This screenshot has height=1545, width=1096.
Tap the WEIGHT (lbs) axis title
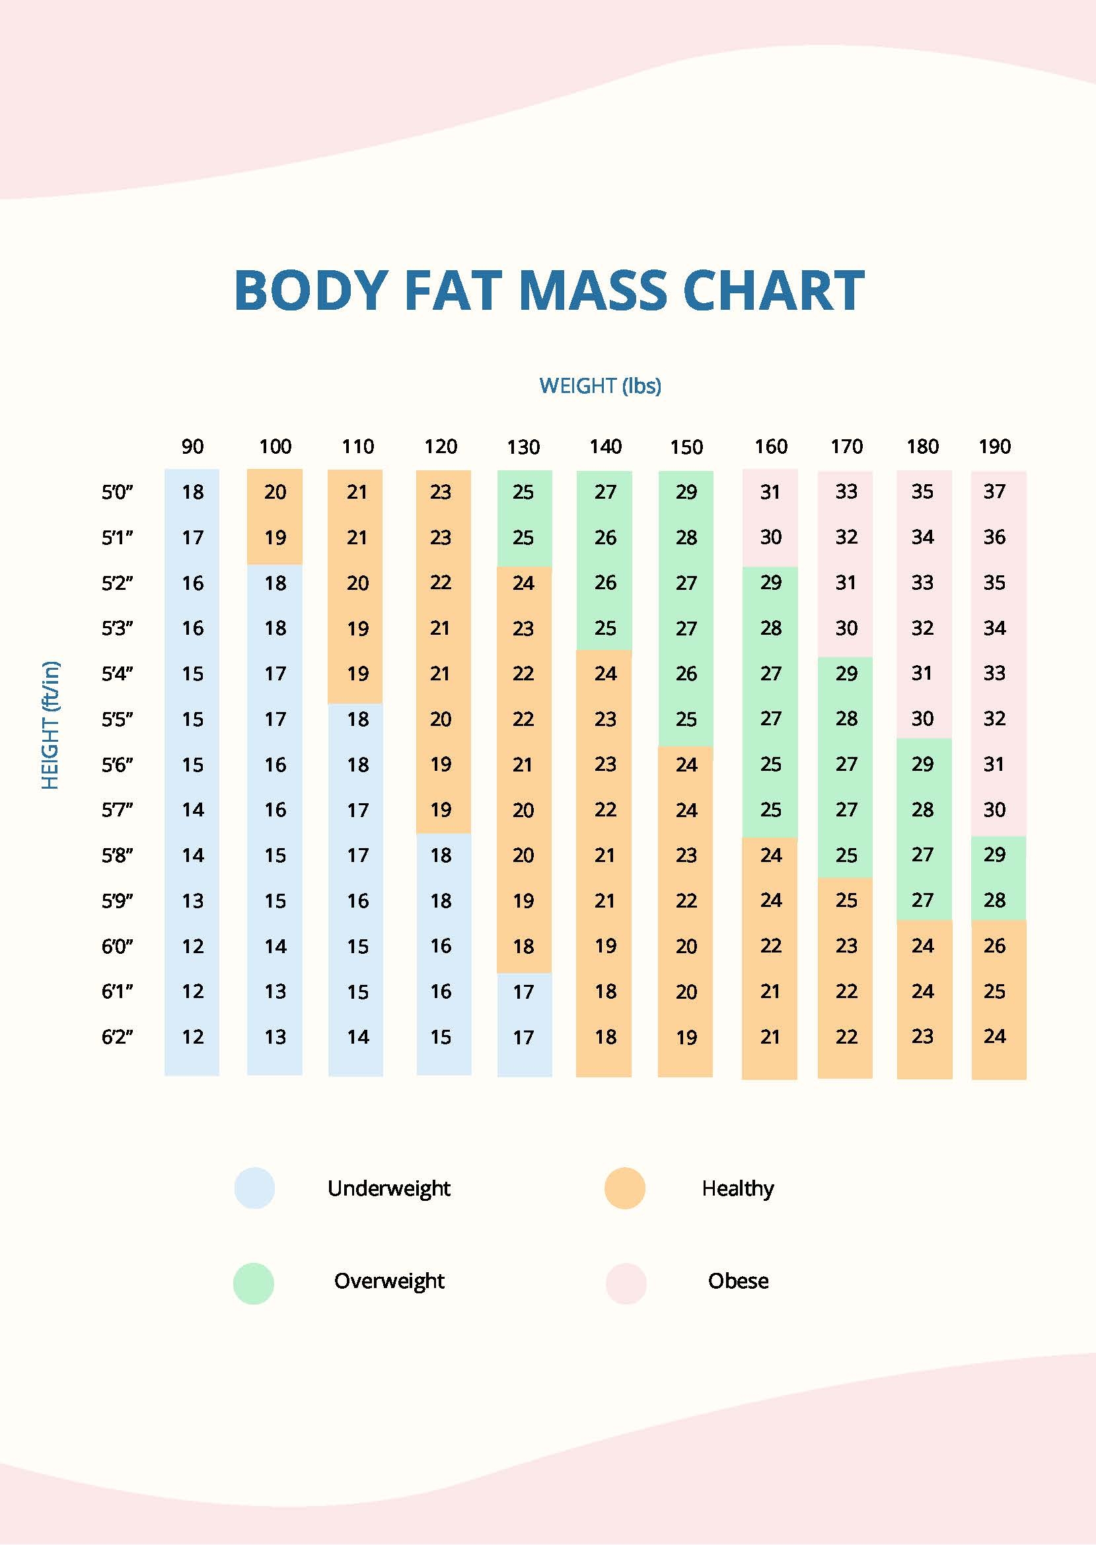pos(600,386)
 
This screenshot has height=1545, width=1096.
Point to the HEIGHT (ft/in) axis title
pos(51,725)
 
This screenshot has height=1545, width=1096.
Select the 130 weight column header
pos(523,447)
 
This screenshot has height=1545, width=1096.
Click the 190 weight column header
pos(994,447)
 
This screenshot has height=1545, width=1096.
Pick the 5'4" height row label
pos(118,673)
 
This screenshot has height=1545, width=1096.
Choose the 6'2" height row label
pos(118,1036)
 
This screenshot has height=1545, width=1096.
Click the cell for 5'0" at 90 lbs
pos(192,492)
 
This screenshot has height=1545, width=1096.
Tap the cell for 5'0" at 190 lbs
pos(994,491)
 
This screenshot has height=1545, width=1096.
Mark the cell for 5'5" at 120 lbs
pos(441,719)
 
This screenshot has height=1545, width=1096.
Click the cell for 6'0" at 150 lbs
pos(686,946)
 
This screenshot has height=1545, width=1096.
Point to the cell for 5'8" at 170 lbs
pos(846,855)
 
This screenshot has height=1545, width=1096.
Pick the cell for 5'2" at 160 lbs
pos(771,582)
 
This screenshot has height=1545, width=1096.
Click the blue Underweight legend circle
pos(254,1188)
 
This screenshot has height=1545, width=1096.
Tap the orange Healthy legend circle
pos(624,1188)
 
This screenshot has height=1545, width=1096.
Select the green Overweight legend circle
pos(254,1284)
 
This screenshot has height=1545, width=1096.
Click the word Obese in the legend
pos(738,1281)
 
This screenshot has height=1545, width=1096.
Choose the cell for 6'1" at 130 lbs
pos(523,991)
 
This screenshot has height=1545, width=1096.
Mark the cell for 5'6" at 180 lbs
pos(922,764)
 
